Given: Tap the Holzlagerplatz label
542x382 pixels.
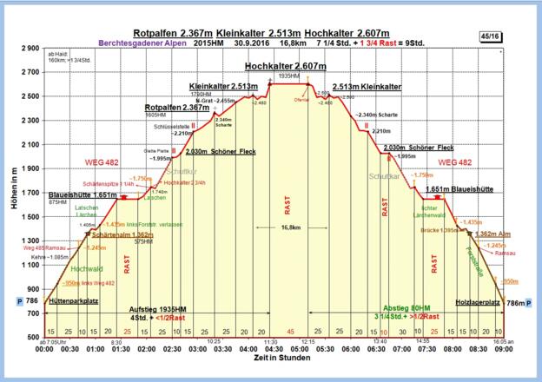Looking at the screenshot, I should point(477,301).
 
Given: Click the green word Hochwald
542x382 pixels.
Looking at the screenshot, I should point(68,270).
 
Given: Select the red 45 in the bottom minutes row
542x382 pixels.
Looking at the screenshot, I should point(290,332).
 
